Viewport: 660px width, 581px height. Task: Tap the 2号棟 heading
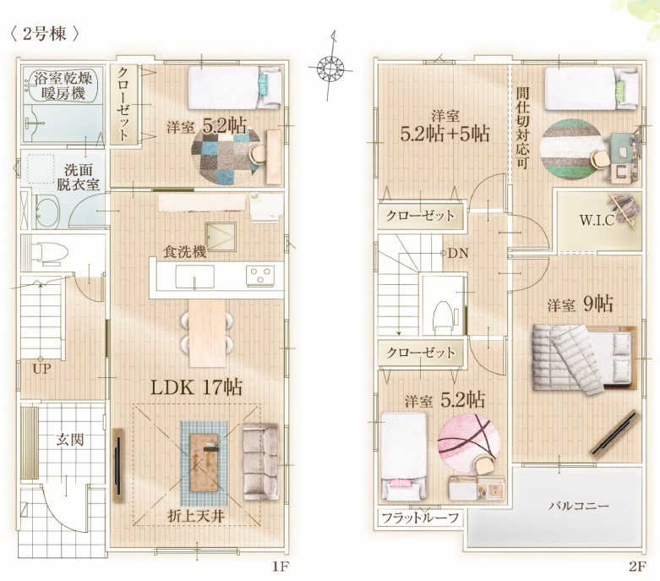point(44,34)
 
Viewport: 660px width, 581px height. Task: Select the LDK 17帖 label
point(196,387)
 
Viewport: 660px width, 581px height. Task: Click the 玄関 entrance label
point(70,441)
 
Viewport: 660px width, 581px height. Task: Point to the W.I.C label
point(597,220)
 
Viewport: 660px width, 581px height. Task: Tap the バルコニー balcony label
point(578,505)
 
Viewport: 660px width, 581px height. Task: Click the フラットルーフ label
point(420,518)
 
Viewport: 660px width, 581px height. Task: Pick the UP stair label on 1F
point(41,370)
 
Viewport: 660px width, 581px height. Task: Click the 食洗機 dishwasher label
point(185,251)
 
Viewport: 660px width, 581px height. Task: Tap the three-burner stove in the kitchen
point(259,276)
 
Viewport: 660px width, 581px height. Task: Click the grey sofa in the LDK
point(260,462)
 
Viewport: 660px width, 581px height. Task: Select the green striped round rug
point(571,150)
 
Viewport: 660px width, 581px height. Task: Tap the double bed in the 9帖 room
point(584,359)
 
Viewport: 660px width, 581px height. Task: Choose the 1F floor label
point(280,567)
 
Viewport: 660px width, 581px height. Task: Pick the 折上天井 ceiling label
point(196,516)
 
